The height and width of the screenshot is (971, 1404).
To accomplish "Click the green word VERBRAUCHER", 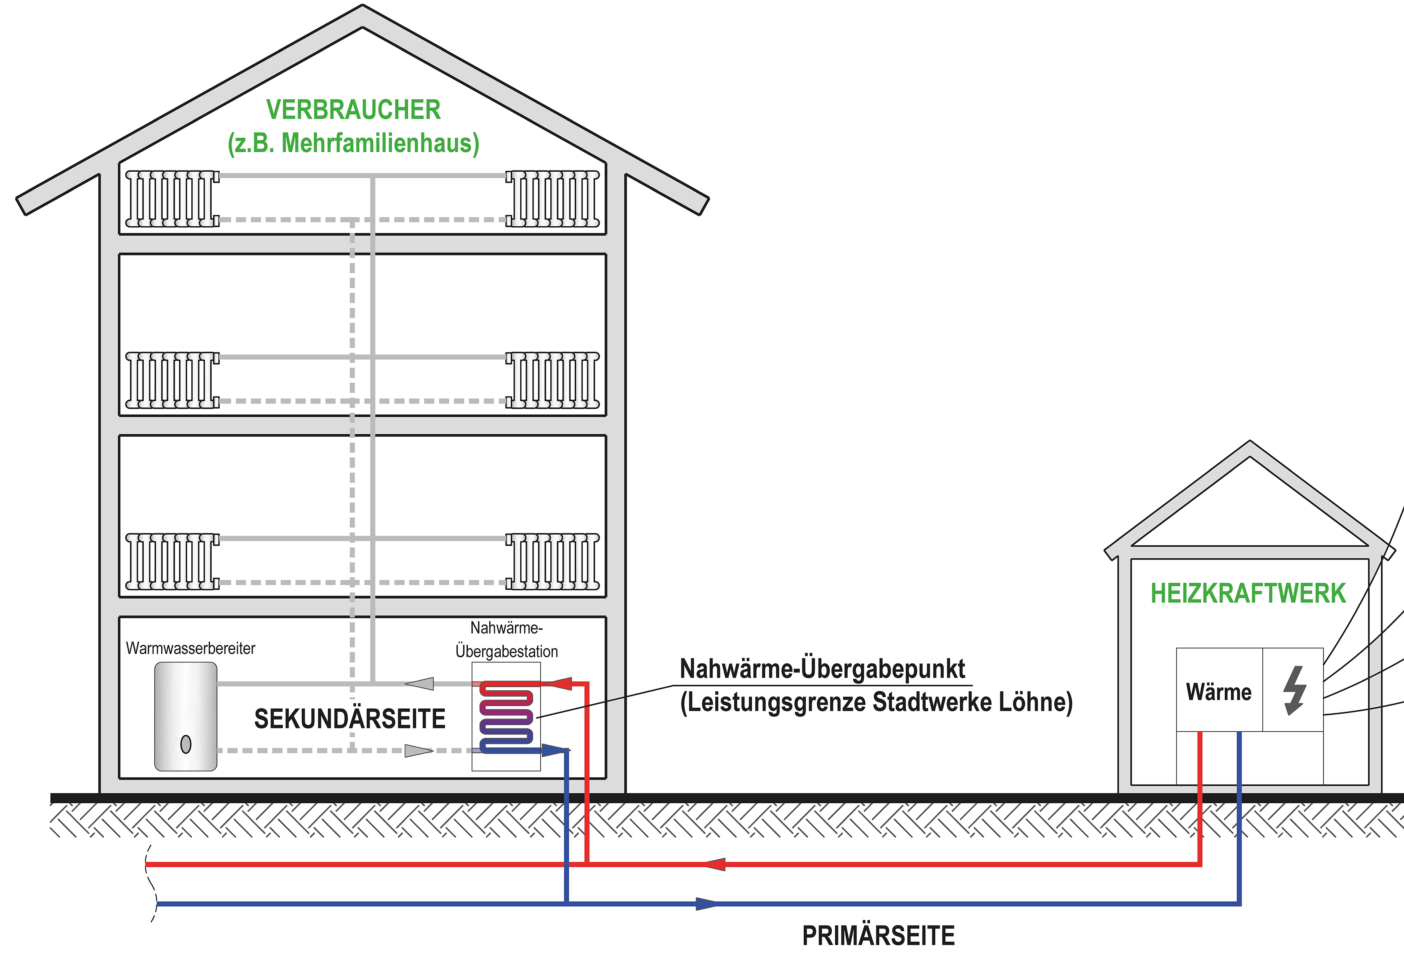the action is pyautogui.click(x=353, y=110).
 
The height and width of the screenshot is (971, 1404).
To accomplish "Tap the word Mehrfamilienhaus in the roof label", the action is pyautogui.click(x=377, y=144).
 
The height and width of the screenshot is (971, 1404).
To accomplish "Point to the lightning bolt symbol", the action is pyautogui.click(x=1294, y=690).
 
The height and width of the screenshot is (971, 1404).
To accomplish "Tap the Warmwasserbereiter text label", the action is pyautogui.click(x=191, y=648).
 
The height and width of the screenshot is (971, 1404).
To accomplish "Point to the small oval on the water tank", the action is pyautogui.click(x=186, y=744).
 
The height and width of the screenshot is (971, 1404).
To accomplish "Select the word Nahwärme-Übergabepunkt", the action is pyautogui.click(x=822, y=669).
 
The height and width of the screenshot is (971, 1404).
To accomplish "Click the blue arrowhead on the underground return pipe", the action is pyautogui.click(x=707, y=903).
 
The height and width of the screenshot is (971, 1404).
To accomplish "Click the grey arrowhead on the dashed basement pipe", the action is pyautogui.click(x=419, y=751).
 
